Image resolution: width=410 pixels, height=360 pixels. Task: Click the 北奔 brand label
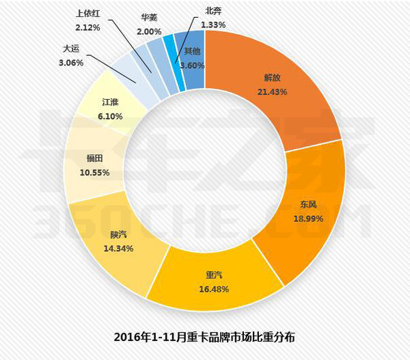pyautogui.click(x=213, y=11)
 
